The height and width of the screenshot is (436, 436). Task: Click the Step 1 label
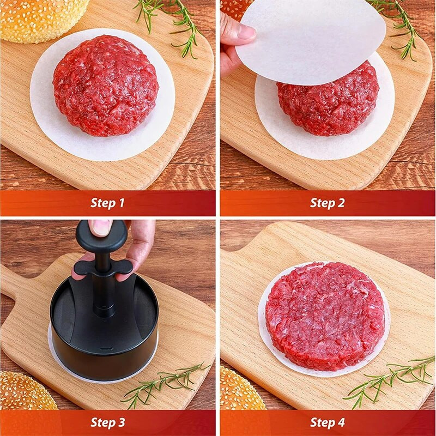click(107, 203)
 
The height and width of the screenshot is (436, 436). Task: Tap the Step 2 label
click(328, 203)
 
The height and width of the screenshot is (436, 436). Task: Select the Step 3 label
click(107, 422)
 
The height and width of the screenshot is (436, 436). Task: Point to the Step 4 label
click(328, 422)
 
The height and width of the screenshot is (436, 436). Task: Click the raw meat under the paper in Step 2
click(327, 106)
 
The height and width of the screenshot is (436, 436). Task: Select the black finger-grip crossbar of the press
click(104, 267)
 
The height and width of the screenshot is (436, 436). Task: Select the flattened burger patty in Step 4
click(324, 316)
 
